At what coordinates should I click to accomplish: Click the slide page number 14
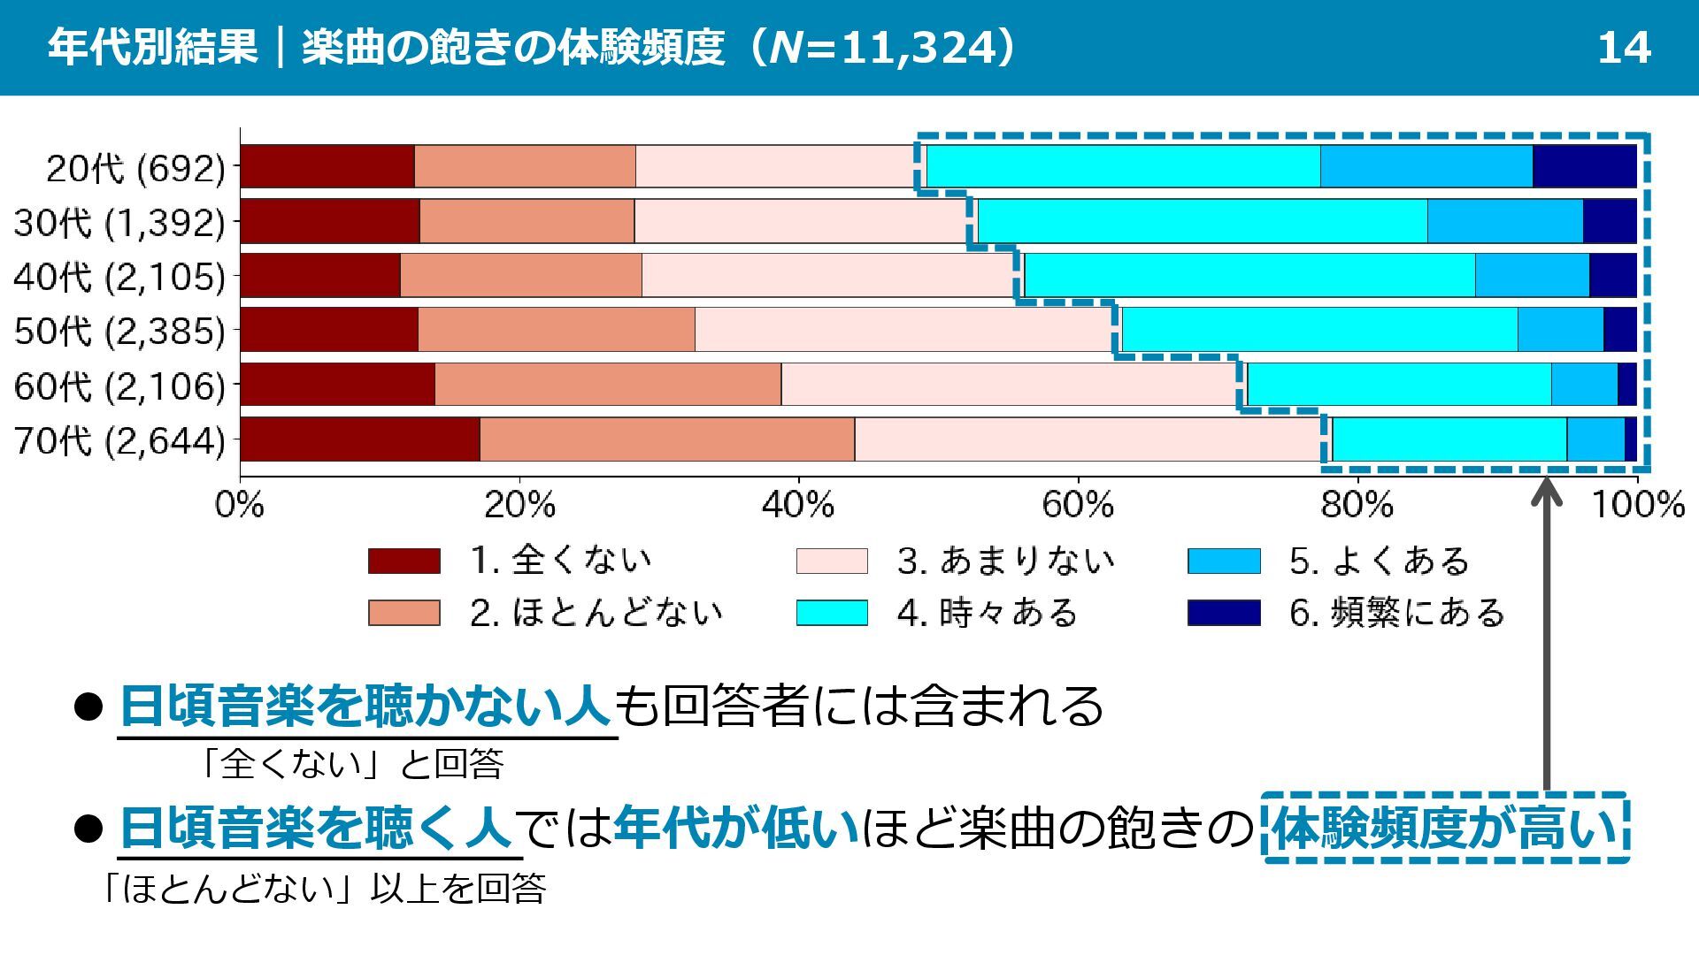pos(1624,48)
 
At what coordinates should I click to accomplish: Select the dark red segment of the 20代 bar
pos(327,166)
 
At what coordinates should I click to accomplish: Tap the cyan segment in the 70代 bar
pos(1449,439)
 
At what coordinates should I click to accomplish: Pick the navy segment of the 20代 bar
pos(1584,166)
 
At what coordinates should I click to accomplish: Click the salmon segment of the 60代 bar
pos(608,385)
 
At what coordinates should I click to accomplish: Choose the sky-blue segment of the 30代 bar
pos(1504,221)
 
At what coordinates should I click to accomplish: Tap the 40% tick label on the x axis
pos(797,505)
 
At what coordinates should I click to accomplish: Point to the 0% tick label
pos(240,505)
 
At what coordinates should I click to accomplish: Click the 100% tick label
pos(1638,505)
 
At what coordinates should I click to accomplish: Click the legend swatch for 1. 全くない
pos(404,561)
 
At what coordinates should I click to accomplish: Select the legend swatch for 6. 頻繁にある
pos(1224,612)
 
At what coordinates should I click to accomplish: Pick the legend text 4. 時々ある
pos(987,612)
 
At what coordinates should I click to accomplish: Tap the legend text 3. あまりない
pos(1005,561)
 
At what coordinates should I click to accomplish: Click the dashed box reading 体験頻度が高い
pos(1445,828)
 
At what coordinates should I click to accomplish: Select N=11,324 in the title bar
pos(884,48)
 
